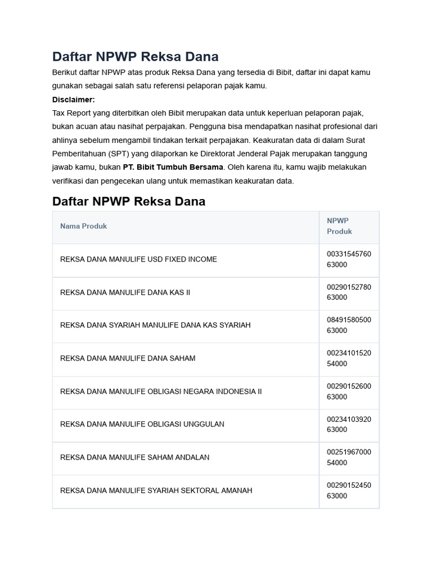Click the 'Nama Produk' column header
click(83, 226)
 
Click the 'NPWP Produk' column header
click(339, 226)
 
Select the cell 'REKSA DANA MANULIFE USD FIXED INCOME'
click(138, 259)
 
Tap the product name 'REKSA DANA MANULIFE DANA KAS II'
click(125, 292)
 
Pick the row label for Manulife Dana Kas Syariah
click(155, 325)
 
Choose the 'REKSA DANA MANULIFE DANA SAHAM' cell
click(128, 358)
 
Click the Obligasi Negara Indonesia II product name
click(161, 391)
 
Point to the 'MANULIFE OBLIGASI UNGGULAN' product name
click(142, 424)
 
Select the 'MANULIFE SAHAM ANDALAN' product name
click(134, 457)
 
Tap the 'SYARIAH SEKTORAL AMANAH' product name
click(156, 490)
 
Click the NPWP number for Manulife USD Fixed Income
click(349, 259)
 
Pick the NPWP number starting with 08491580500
click(349, 325)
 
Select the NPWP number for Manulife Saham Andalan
click(349, 457)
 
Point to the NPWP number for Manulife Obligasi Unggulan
click(349, 424)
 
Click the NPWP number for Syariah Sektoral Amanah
click(349, 490)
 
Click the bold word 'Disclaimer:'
click(74, 100)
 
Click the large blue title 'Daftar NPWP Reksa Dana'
click(135, 57)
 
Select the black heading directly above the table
click(129, 201)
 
